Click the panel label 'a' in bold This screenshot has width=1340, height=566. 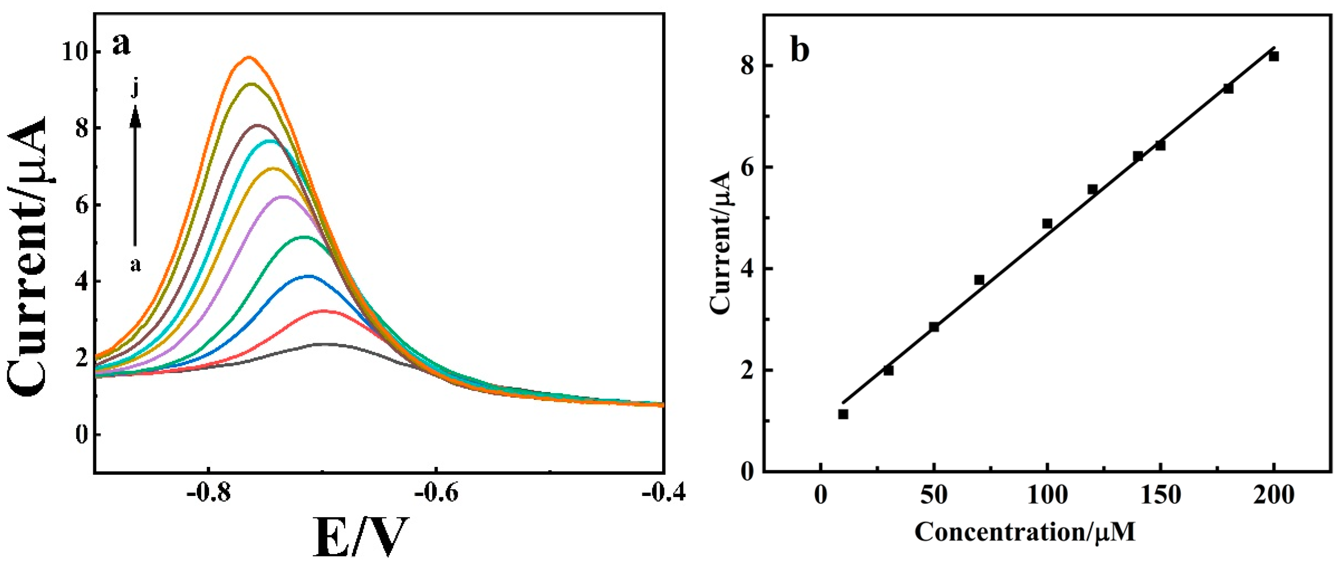[x=121, y=44]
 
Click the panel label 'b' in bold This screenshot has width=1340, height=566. [x=800, y=50]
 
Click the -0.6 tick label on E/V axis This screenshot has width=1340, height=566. [x=436, y=494]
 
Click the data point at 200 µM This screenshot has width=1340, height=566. [x=1273, y=71]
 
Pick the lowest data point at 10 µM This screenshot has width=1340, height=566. [x=843, y=414]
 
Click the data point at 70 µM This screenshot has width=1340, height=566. [x=979, y=280]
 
